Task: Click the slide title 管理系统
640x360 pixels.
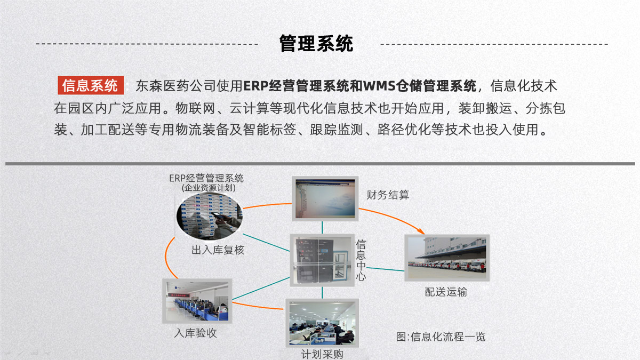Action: coord(316,43)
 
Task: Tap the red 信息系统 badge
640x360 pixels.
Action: coord(91,85)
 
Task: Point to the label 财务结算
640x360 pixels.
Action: coord(388,195)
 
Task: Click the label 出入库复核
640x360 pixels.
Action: coord(218,250)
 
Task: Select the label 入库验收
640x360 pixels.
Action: coord(195,333)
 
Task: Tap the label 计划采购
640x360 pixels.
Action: coord(322,354)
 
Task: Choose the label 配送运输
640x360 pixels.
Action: coord(446,292)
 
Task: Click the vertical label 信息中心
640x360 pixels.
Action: coord(361,260)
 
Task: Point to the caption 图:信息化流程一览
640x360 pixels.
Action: coord(441,337)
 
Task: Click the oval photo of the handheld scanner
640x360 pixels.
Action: coord(210,217)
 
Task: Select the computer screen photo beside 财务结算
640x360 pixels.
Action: coord(325,198)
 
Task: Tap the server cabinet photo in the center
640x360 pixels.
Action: coord(322,260)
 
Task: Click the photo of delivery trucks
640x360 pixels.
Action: coord(447,258)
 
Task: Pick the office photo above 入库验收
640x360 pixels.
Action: coord(197,301)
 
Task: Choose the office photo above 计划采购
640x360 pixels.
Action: coord(322,323)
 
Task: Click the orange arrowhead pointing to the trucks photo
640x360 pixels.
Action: coord(421,231)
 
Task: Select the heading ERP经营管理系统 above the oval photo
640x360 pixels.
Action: coord(206,178)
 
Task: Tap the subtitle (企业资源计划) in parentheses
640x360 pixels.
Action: coord(209,188)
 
